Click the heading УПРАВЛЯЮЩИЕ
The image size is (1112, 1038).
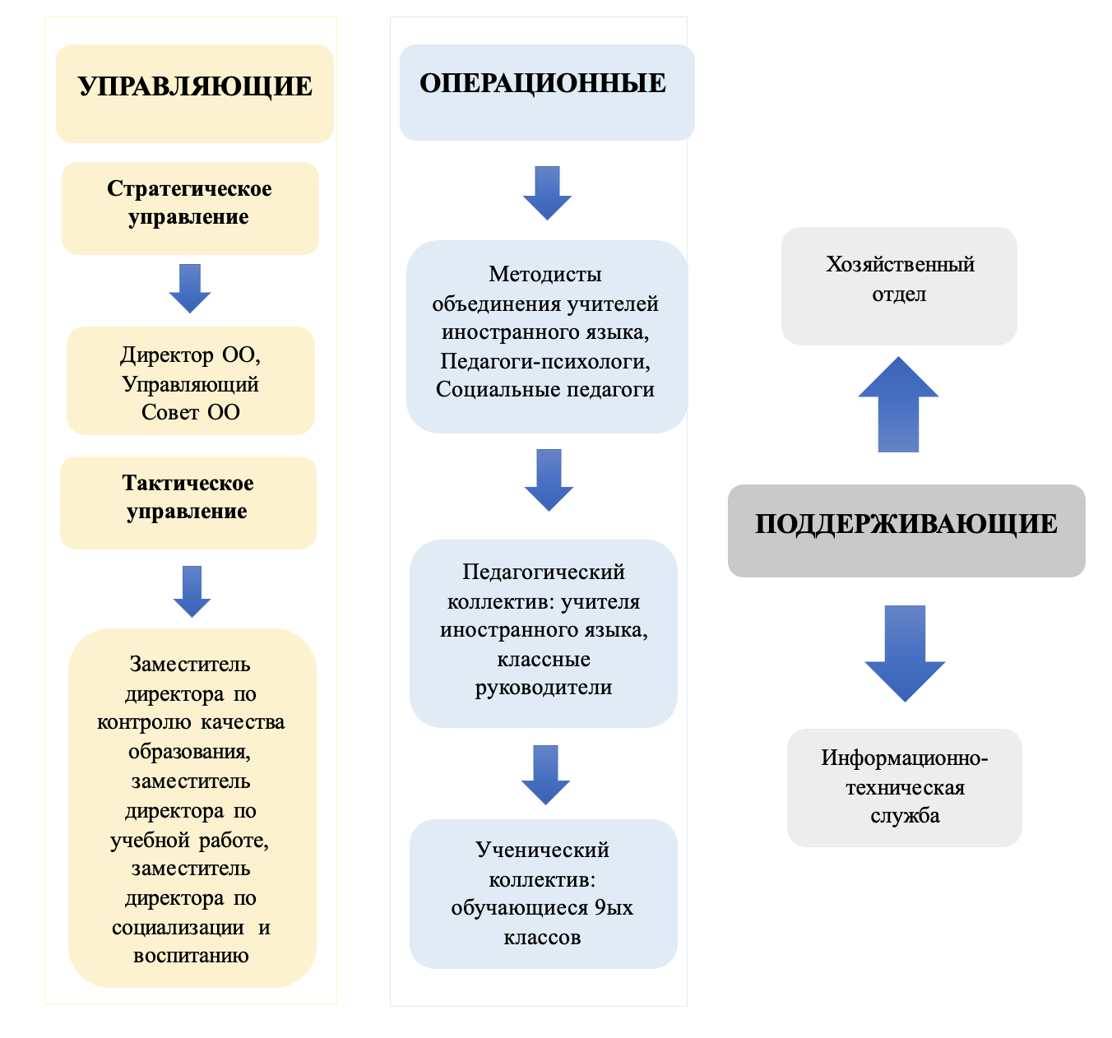click(x=195, y=86)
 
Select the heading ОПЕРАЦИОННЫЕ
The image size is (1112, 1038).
click(x=543, y=83)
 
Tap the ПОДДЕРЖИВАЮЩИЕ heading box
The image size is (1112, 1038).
click(x=906, y=530)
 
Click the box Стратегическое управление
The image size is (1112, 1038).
click(x=190, y=208)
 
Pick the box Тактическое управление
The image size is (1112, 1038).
click(x=188, y=502)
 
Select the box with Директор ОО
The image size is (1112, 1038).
click(x=190, y=380)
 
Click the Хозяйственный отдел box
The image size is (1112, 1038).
click(x=899, y=285)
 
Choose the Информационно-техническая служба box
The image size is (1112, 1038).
click(x=904, y=787)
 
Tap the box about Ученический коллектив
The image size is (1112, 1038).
click(x=543, y=893)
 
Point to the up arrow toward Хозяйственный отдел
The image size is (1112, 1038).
click(x=898, y=404)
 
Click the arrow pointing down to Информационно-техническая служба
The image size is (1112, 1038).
click(x=905, y=653)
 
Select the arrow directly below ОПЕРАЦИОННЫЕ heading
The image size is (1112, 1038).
click(x=547, y=192)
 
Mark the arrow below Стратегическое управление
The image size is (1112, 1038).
click(x=190, y=289)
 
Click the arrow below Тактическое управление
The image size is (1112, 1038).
click(x=192, y=591)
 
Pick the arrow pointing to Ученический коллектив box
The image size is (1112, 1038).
click(x=545, y=775)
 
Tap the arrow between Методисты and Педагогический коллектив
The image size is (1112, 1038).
click(x=549, y=480)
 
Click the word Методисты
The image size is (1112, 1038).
click(x=544, y=275)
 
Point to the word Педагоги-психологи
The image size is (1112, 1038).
click(x=544, y=361)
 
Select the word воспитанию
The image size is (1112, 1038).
click(x=191, y=955)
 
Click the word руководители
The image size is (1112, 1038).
click(x=543, y=688)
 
